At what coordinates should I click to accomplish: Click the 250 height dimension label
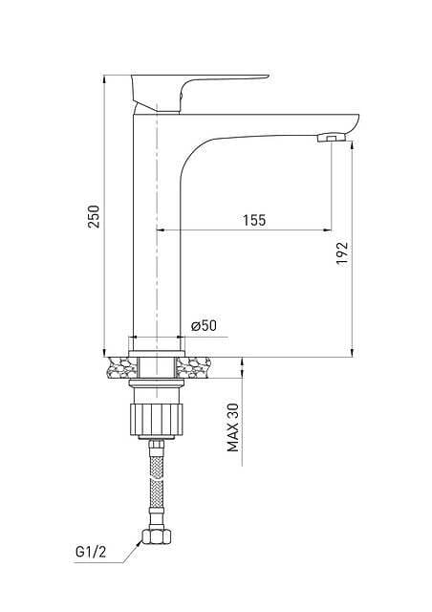click(94, 216)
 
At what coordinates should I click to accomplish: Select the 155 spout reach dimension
click(254, 220)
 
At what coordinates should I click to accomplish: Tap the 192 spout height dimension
click(342, 253)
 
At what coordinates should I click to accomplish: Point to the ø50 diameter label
click(204, 325)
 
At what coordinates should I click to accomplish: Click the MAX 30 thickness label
click(233, 427)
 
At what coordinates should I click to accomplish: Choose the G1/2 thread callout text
click(91, 552)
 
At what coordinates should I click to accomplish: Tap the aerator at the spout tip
click(332, 138)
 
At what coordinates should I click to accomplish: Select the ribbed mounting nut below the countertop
click(156, 420)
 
